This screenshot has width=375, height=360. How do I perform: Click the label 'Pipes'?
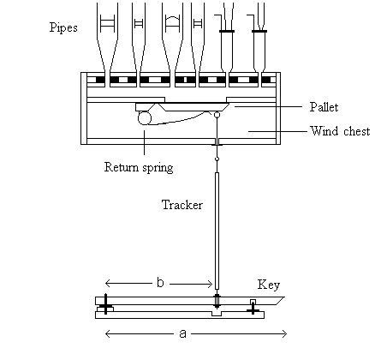[x=63, y=28]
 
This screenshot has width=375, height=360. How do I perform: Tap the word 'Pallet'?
[x=324, y=107]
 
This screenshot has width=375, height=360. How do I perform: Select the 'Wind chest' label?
[x=340, y=131]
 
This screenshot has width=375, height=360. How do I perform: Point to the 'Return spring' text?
[x=139, y=167]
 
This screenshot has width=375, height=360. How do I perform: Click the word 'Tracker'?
[x=182, y=205]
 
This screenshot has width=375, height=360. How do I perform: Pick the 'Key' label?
[x=269, y=285]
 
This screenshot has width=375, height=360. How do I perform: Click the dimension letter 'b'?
[x=160, y=283]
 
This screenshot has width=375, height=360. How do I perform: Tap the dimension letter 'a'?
[x=182, y=333]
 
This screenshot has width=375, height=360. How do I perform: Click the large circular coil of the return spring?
[x=145, y=118]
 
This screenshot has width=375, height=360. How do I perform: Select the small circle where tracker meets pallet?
[x=217, y=115]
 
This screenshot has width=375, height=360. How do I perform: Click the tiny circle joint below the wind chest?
[x=217, y=159]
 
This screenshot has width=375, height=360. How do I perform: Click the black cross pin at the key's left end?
[x=105, y=304]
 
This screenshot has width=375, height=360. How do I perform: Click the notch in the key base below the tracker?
[x=217, y=314]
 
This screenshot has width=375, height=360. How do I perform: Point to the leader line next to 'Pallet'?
[x=268, y=106]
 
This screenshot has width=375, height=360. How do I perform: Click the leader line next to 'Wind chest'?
[x=277, y=131]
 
